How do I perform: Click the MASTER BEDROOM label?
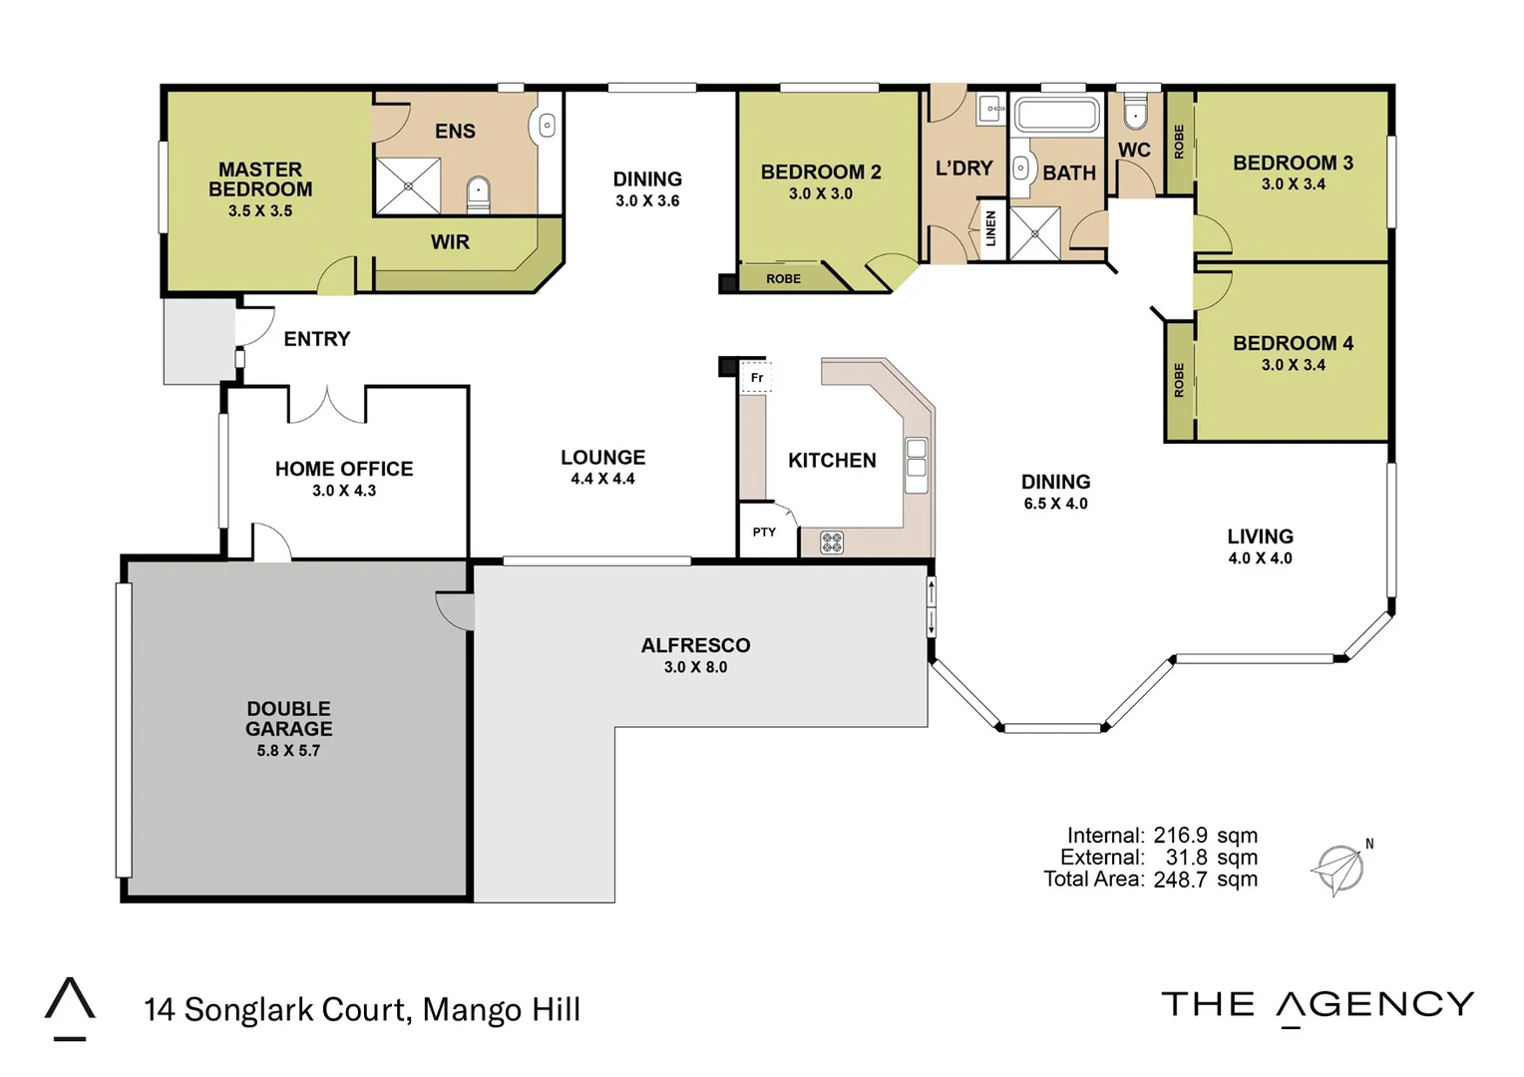pos(260,179)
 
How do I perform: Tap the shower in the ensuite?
pos(407,185)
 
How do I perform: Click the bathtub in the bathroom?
pos(1057,115)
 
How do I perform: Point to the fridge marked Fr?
pos(756,378)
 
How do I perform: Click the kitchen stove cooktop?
pos(832,542)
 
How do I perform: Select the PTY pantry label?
pos(764,533)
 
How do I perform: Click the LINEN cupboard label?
pos(990,228)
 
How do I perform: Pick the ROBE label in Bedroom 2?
pos(783,279)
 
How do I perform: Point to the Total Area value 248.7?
pos(1180,880)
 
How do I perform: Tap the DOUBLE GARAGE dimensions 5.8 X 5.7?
pos(288,751)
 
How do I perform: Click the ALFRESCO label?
pos(695,645)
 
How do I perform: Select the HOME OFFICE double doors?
pos(327,404)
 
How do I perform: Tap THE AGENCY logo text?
pos(1318,1005)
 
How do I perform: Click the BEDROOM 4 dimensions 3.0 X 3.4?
pos(1293,365)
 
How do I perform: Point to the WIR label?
pos(450,242)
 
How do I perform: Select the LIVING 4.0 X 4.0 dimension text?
pos(1260,558)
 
